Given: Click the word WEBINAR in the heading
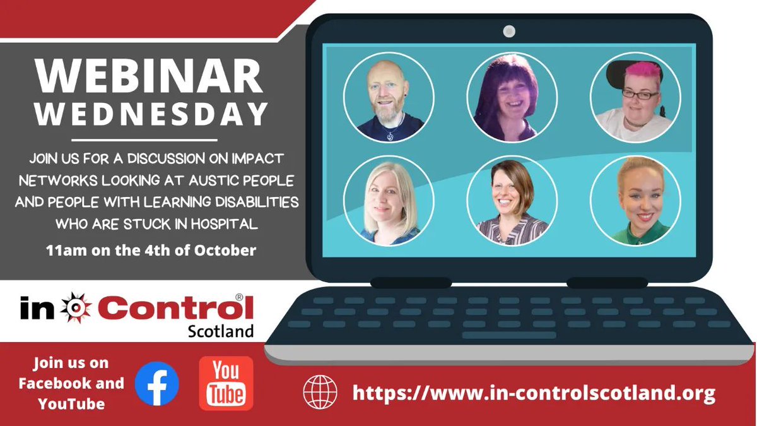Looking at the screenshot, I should pos(149,76).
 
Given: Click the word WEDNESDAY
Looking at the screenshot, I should pos(152,114).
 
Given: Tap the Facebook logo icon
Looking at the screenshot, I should pos(156,384).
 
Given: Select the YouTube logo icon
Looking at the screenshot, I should pos(226,384).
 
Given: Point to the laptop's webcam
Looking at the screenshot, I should pos(509,31).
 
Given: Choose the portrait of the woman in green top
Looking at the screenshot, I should pos(635,200).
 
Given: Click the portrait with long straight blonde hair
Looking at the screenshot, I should pos(388,200).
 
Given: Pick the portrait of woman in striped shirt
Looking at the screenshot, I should pos(512,200).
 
